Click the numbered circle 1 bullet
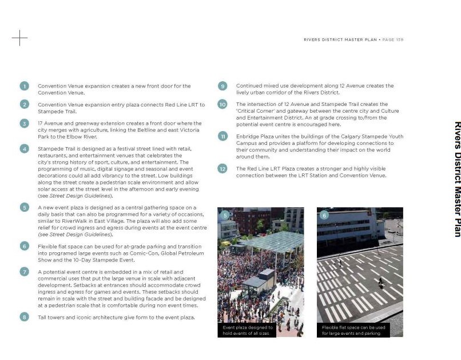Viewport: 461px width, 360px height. point(24,86)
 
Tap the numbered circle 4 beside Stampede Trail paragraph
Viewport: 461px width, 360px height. point(24,148)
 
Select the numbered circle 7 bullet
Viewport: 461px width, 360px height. point(24,271)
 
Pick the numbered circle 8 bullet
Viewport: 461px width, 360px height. point(24,317)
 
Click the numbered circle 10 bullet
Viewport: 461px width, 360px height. point(222,104)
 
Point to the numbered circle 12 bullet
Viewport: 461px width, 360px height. point(222,169)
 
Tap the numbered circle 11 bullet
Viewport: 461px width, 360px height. point(222,136)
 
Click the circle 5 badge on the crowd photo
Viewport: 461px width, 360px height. point(225,215)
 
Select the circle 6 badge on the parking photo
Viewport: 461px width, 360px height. point(324,215)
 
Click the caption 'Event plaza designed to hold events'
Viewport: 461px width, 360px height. point(247,330)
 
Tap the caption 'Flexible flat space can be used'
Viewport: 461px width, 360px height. point(353,330)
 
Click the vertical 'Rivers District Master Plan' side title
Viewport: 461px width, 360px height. point(456,179)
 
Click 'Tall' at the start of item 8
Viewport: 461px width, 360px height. point(43,317)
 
